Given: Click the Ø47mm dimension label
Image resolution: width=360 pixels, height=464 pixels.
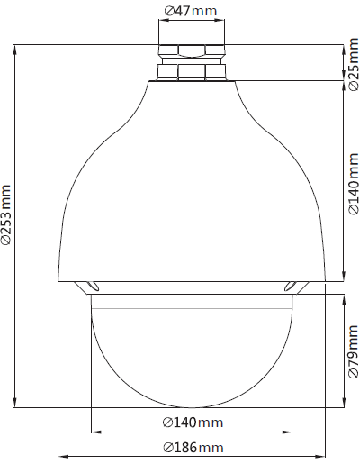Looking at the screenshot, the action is (191, 11).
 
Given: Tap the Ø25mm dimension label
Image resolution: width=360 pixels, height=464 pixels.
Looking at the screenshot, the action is (354, 64).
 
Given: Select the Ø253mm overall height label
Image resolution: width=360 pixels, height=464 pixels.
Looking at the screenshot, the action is (6, 214).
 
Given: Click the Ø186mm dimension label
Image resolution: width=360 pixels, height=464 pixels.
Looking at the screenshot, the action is (193, 448).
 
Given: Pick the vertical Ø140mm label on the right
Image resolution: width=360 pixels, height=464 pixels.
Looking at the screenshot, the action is (354, 184).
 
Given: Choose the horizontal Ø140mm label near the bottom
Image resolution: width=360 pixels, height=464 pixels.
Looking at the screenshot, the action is (193, 423).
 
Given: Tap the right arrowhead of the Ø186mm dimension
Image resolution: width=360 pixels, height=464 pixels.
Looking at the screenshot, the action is (321, 457).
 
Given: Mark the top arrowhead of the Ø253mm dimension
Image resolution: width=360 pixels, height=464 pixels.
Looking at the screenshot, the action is (15, 49).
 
